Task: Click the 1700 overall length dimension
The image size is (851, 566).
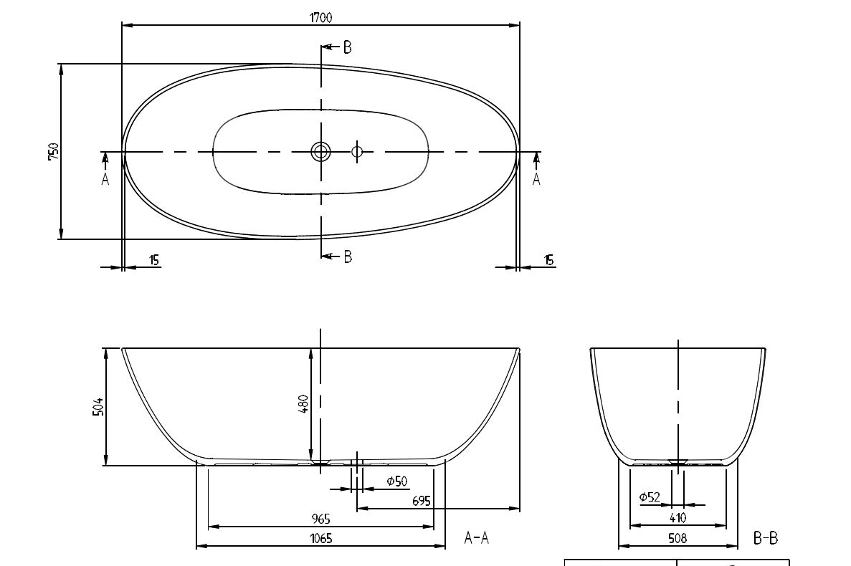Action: [320, 17]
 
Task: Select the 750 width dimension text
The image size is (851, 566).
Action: [53, 151]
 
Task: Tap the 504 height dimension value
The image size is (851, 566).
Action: [98, 407]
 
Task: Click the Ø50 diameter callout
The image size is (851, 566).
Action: [396, 481]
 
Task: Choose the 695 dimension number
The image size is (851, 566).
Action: [421, 500]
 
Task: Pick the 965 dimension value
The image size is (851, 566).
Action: [320, 519]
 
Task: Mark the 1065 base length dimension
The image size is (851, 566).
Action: [320, 538]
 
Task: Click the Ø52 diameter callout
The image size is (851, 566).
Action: [650, 497]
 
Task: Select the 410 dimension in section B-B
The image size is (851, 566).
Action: [678, 518]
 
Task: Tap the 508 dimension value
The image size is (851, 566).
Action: [678, 538]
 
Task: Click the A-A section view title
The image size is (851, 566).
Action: [477, 537]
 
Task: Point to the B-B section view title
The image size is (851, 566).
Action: [765, 538]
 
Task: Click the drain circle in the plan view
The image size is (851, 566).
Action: [320, 151]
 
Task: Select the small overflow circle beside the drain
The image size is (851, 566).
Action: [356, 151]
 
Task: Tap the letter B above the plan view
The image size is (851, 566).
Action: [347, 48]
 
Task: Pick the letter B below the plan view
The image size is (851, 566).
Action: [348, 256]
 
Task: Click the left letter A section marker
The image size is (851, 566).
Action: [105, 179]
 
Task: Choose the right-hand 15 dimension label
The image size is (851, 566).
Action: [548, 260]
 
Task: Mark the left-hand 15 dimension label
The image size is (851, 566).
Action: [154, 260]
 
